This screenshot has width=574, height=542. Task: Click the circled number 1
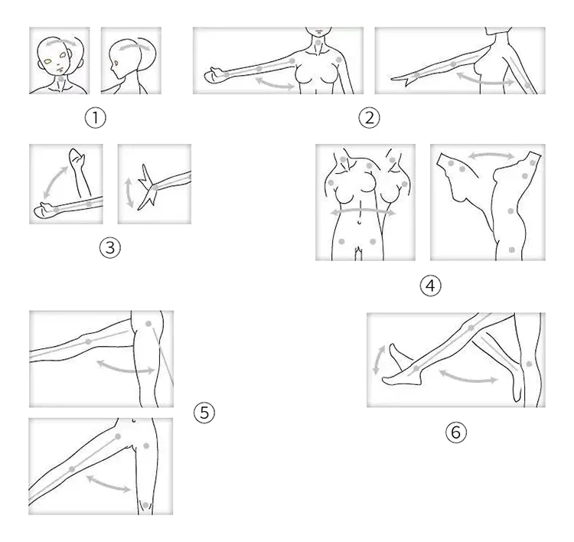click(x=95, y=118)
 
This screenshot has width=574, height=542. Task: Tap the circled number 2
click(x=369, y=118)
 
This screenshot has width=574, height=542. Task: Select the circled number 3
click(x=109, y=247)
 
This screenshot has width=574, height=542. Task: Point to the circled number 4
click(x=430, y=286)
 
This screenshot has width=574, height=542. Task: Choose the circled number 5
click(x=204, y=413)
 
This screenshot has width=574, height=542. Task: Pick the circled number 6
click(x=456, y=432)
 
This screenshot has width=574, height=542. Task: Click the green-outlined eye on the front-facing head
click(x=47, y=60)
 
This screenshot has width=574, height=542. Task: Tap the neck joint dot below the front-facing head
click(x=60, y=79)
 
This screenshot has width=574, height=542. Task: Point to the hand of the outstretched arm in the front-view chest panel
click(x=214, y=75)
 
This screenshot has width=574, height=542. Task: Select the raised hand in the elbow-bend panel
click(x=76, y=157)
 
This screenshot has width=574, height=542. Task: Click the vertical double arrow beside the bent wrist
click(x=129, y=193)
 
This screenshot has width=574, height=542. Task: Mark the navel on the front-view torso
click(x=360, y=221)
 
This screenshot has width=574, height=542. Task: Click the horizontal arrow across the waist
click(x=363, y=211)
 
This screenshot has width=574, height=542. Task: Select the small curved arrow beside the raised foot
click(x=379, y=360)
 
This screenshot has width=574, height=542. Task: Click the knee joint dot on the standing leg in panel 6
click(x=529, y=364)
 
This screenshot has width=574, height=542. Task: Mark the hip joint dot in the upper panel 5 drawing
click(x=148, y=324)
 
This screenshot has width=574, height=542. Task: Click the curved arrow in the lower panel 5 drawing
click(x=109, y=483)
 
